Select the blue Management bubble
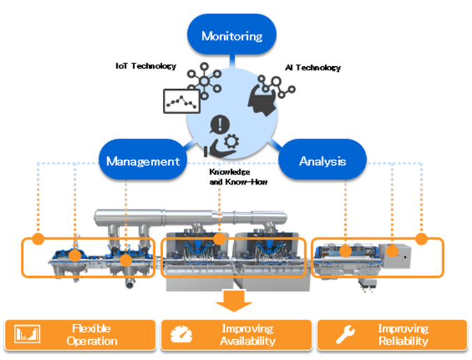click(143, 162)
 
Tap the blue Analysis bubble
click(322, 162)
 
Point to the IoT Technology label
click(145, 66)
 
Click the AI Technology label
click(313, 68)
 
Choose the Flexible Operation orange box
click(79, 334)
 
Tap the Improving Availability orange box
click(237, 334)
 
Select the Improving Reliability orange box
click(392, 334)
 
